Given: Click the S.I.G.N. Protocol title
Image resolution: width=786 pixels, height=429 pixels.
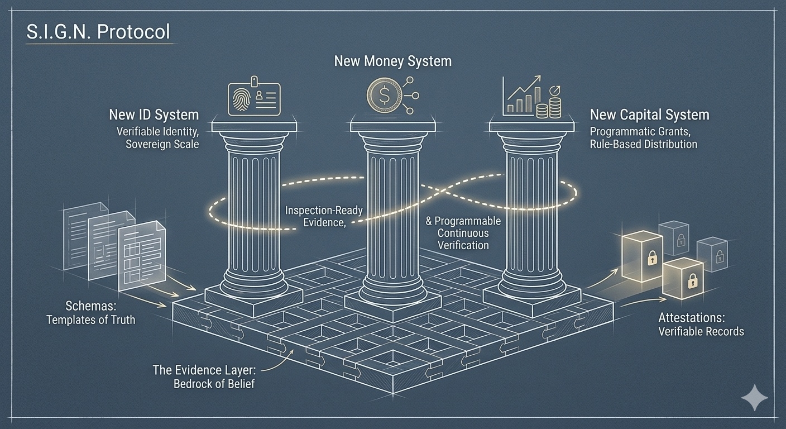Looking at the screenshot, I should (x=98, y=32).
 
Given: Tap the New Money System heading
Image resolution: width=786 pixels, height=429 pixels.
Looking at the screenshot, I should (x=392, y=61).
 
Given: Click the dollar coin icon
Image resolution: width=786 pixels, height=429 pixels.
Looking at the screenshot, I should (x=384, y=96).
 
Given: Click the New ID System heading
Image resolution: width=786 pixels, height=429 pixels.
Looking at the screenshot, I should (x=154, y=115).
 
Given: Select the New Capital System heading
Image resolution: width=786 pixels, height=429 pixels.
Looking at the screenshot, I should (x=649, y=115).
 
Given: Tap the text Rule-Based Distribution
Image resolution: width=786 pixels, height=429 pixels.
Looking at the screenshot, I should (x=643, y=144).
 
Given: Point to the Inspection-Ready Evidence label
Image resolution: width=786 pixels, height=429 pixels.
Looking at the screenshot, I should (x=324, y=216).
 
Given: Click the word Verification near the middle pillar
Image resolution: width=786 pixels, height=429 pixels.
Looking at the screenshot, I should (x=463, y=245).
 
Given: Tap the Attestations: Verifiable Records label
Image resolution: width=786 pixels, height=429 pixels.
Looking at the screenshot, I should (x=701, y=325).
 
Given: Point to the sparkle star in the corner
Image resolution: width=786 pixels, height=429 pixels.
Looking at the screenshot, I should (x=754, y=398).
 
